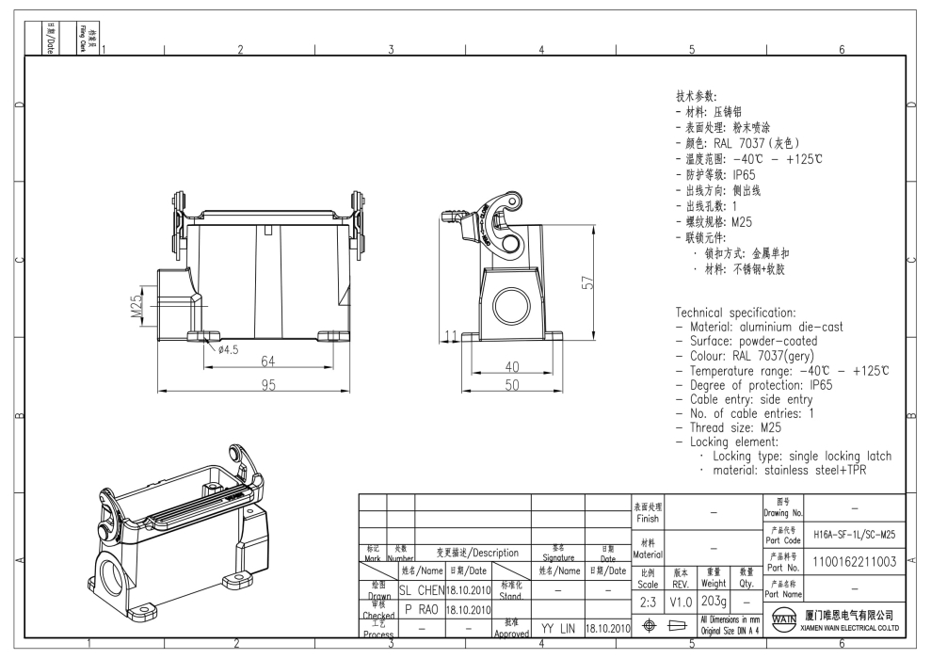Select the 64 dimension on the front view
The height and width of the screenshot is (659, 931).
tap(268, 362)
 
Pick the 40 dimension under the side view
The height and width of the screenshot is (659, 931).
tap(512, 366)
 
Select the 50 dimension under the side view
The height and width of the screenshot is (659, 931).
tap(512, 384)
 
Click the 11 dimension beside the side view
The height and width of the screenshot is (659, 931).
tap(451, 335)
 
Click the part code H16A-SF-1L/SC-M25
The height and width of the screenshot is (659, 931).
tap(855, 534)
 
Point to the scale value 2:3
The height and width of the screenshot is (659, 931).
tap(648, 601)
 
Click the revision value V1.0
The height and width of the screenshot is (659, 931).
tap(682, 601)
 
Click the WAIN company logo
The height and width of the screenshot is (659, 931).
tap(780, 620)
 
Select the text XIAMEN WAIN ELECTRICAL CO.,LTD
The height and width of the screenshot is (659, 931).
tap(849, 627)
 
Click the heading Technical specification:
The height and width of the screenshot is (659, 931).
tap(735, 313)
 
